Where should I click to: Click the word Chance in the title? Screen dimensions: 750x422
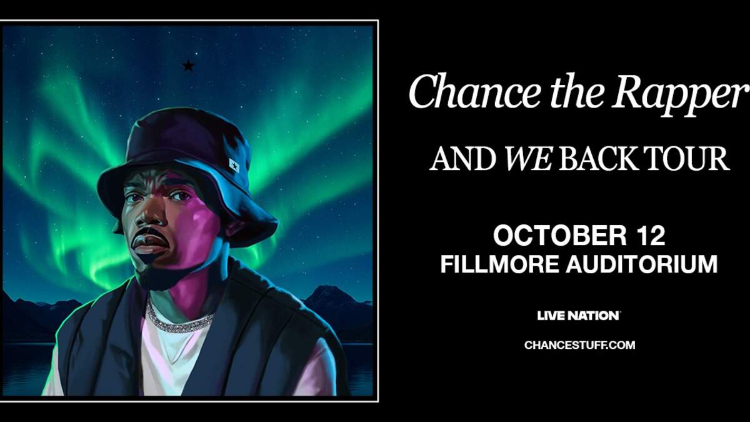(x=475, y=92)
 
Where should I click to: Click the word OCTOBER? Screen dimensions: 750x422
(x=560, y=236)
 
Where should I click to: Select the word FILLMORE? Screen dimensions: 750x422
(x=499, y=264)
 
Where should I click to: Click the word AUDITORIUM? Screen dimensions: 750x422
(x=642, y=264)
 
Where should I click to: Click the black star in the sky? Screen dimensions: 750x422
(x=189, y=65)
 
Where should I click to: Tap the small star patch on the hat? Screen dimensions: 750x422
(x=234, y=165)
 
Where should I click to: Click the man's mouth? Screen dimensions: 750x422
(x=148, y=243)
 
